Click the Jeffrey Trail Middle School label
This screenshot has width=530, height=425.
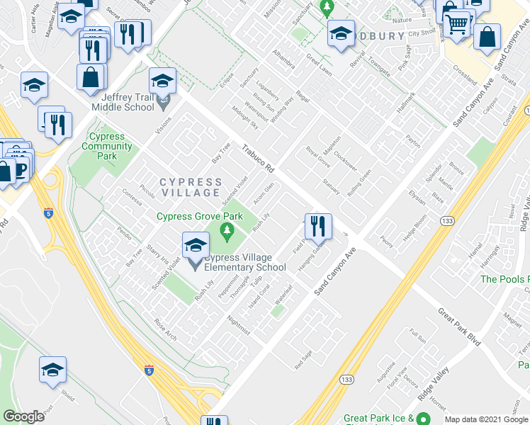coord(128,101)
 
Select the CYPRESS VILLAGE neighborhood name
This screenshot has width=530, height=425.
coord(189,187)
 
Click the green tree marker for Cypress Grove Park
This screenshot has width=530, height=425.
coord(227,229)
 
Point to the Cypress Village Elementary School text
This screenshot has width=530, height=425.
coord(245,262)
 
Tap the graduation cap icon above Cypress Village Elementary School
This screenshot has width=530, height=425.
coord(196,245)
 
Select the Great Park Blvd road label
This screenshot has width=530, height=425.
coord(459,326)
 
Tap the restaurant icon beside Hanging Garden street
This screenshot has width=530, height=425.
coord(319,226)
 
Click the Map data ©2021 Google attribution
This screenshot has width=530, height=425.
coord(487,419)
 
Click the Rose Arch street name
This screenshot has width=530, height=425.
coord(165,327)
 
